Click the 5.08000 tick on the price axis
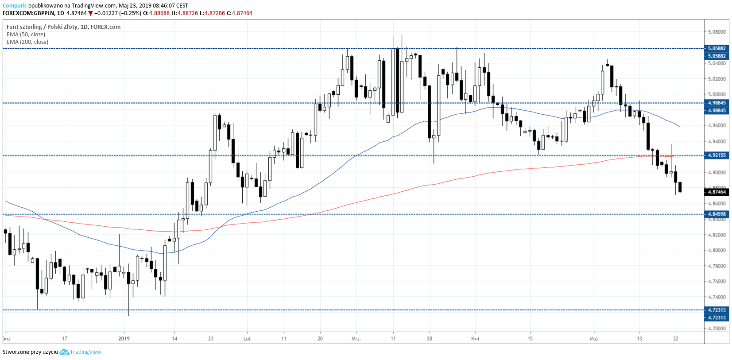(717, 32)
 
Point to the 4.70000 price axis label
(717, 329)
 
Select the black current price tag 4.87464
(717, 192)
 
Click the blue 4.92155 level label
(717, 155)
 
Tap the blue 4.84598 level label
(717, 214)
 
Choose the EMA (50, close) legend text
(26, 35)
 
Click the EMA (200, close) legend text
(27, 42)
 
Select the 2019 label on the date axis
(124, 339)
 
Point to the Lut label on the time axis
(247, 339)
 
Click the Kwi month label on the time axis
(475, 339)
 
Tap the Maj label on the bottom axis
(594, 339)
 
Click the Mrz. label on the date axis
(356, 339)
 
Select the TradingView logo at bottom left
(81, 352)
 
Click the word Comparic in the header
(15, 6)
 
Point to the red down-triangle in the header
(91, 13)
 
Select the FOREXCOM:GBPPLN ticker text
(28, 13)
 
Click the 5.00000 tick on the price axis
(717, 94)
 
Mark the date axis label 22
(676, 339)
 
